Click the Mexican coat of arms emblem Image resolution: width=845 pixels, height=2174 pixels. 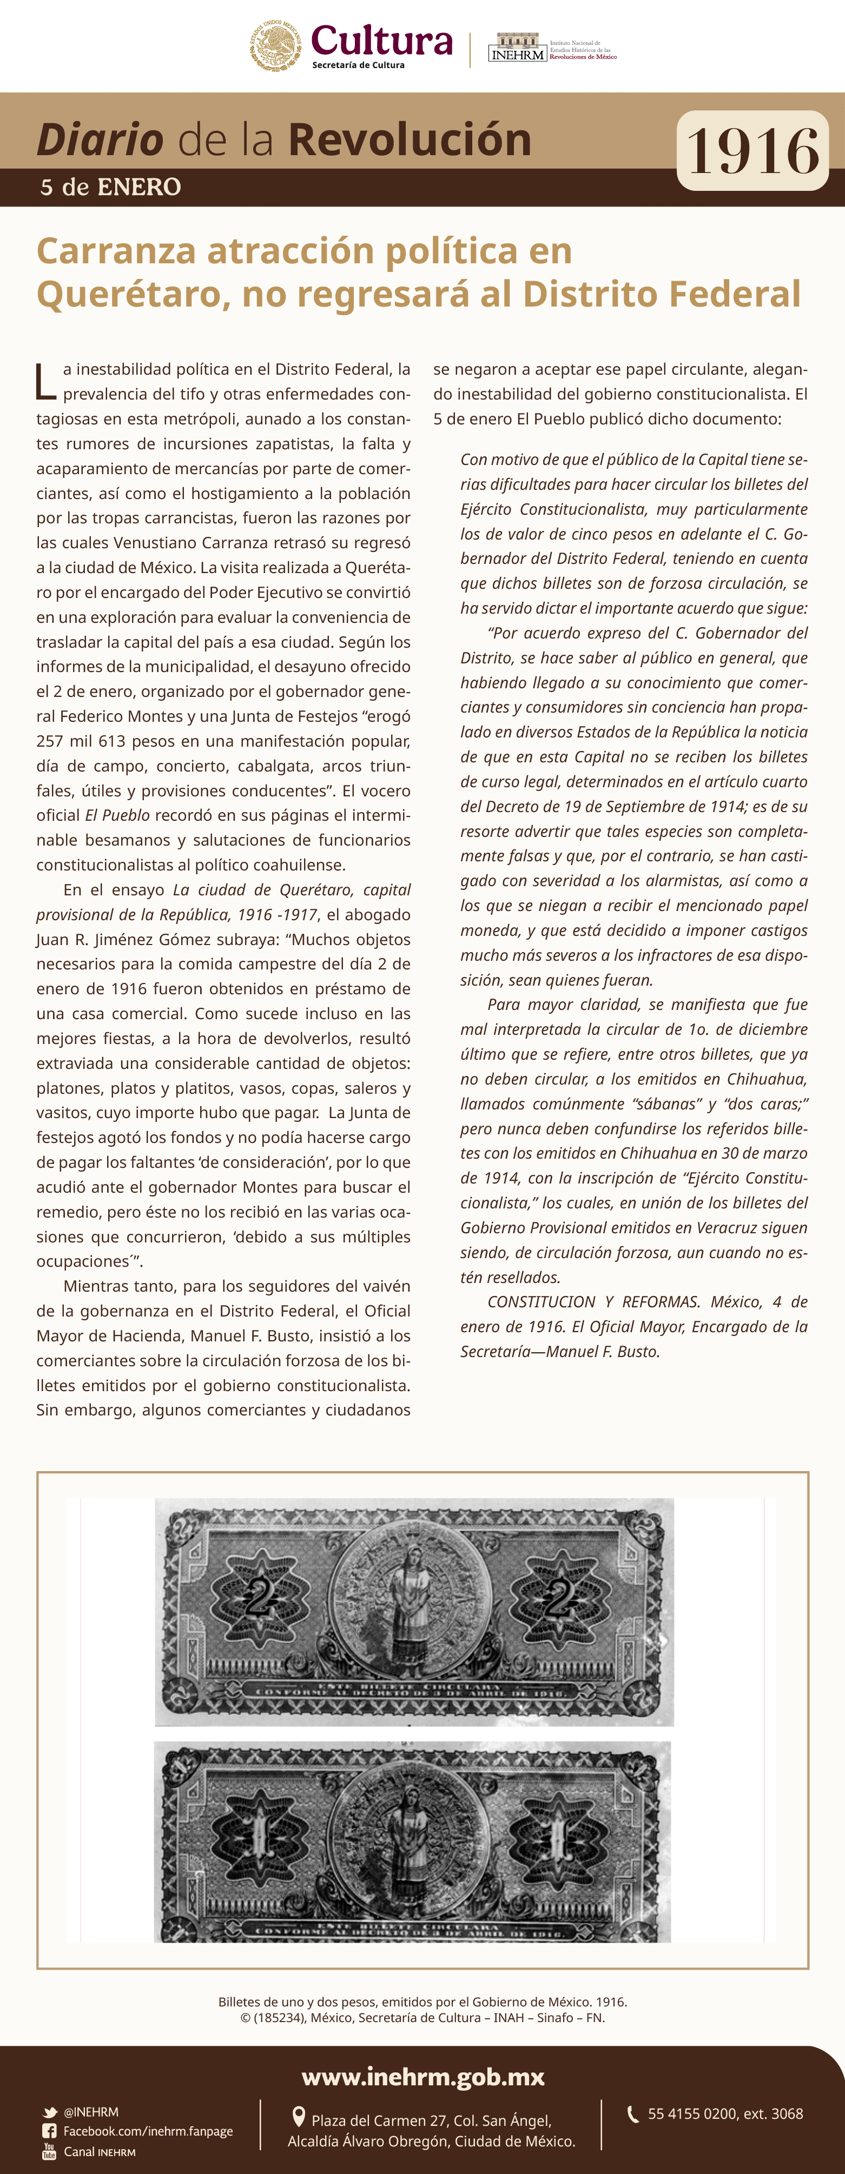coord(275,45)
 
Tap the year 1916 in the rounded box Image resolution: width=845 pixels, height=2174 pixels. coord(752,151)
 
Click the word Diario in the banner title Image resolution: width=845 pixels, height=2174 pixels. coord(100,139)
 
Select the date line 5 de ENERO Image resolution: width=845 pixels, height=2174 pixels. coord(110,187)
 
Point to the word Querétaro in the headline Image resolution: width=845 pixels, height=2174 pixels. coord(133,294)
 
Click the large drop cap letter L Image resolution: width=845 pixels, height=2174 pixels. coord(45,382)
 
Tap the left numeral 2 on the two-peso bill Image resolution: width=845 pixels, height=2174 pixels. coord(258,1598)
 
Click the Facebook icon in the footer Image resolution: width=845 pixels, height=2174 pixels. coord(50,2131)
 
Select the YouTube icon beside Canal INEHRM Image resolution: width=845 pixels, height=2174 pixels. coord(50,2151)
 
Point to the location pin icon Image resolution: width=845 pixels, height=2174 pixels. coord(298,2117)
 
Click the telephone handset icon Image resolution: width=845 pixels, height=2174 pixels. coord(632,2113)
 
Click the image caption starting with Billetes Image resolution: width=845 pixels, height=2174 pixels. coord(422,2002)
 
